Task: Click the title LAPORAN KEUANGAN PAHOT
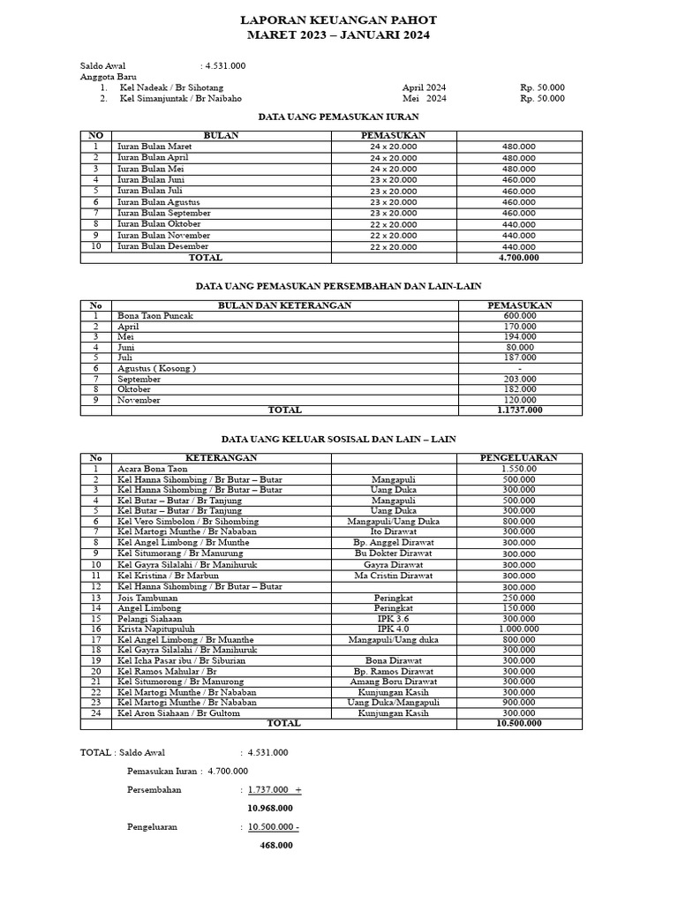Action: tap(338, 19)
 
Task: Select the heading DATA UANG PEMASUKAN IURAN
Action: tap(338, 116)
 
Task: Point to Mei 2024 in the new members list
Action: tap(425, 99)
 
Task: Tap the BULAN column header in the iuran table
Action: tap(221, 135)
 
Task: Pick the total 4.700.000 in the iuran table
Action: tap(518, 258)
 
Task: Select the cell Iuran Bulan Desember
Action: tap(163, 247)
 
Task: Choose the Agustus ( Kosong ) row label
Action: tap(156, 368)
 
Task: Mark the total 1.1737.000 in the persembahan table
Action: tap(519, 411)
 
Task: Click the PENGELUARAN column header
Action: tap(518, 458)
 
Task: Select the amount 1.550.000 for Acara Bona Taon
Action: tap(518, 469)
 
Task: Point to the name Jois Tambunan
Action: tap(147, 598)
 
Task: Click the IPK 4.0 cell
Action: tap(394, 629)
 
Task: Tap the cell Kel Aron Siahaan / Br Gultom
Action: tap(178, 713)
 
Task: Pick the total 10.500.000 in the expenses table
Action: tap(519, 723)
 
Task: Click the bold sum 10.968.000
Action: tap(270, 808)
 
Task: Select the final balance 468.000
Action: tap(276, 845)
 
